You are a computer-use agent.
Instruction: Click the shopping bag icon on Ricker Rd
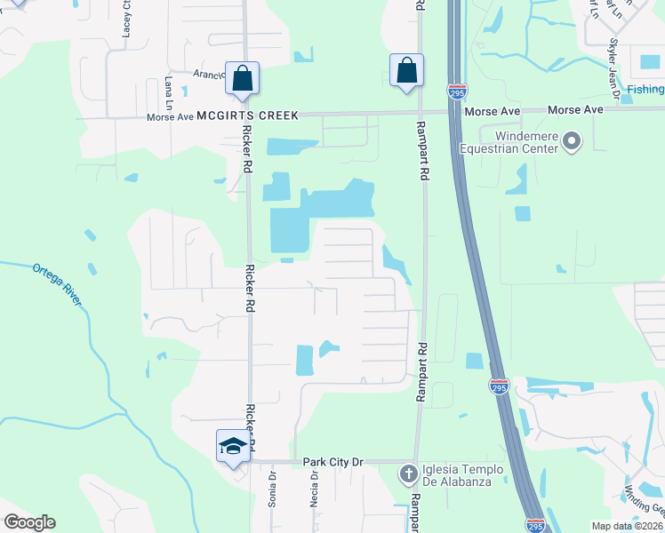tap(242, 78)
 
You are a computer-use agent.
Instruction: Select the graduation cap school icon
tap(232, 445)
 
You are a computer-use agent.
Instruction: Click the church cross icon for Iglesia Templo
tap(408, 473)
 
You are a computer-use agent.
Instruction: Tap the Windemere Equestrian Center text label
tap(508, 142)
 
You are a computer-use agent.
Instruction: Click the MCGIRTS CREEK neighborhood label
tap(248, 115)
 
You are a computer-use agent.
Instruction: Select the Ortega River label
tap(58, 283)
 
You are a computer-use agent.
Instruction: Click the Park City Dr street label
tap(333, 462)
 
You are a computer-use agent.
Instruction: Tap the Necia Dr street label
tap(315, 488)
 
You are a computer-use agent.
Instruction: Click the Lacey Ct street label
tap(126, 19)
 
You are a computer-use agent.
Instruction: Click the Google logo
tap(29, 522)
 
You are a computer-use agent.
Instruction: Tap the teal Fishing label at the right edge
tap(645, 89)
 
